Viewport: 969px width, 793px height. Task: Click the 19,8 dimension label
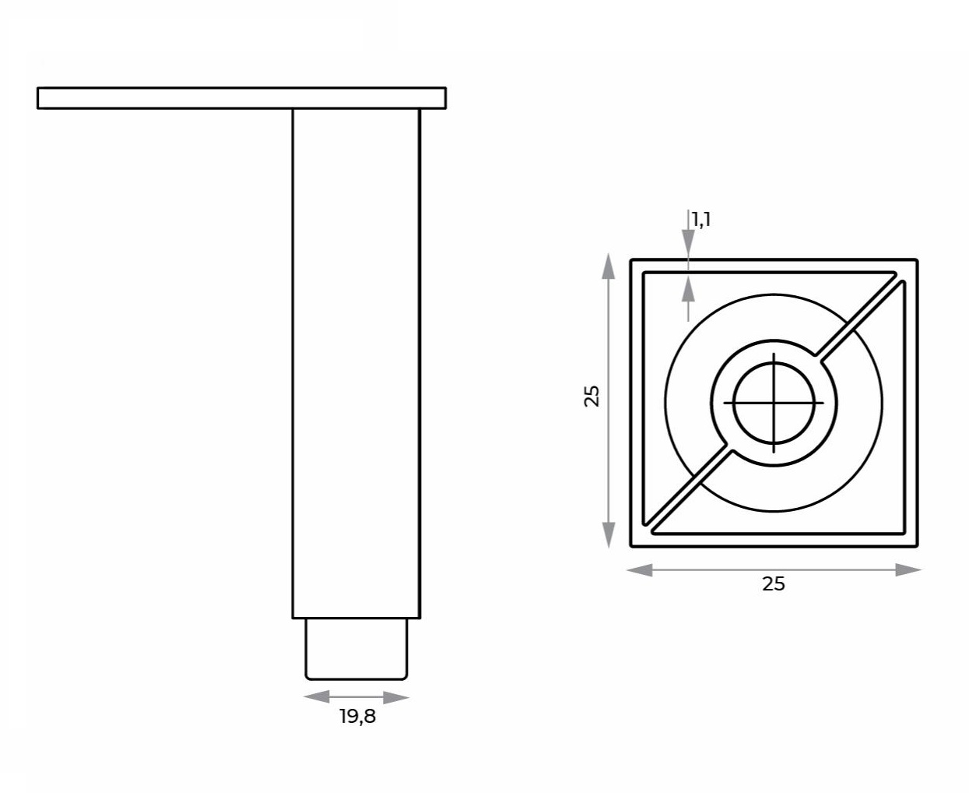(357, 716)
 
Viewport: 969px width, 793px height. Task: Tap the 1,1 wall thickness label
(701, 220)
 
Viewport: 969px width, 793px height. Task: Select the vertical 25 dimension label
(592, 396)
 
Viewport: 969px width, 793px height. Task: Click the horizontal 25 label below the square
(774, 583)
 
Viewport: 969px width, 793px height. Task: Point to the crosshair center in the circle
(774, 403)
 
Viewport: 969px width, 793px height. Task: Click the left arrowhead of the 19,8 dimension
(317, 696)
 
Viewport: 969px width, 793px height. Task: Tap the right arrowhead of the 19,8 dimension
(396, 697)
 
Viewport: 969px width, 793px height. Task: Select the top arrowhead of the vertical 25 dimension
(609, 266)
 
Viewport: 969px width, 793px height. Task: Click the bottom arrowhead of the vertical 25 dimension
(609, 535)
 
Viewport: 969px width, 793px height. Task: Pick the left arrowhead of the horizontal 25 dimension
(640, 570)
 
